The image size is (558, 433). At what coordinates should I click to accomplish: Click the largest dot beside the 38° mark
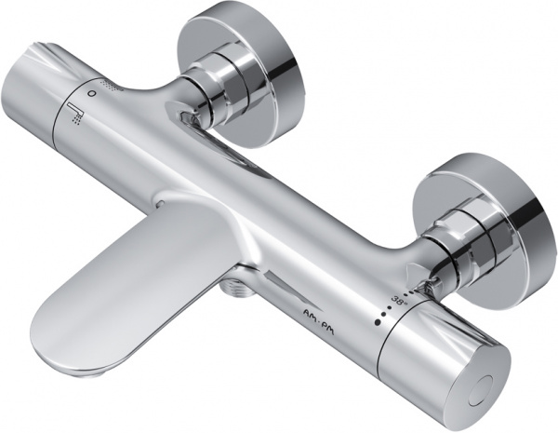[378, 322]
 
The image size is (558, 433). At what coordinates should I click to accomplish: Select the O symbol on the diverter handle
[92, 93]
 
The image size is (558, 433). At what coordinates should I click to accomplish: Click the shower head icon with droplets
[74, 113]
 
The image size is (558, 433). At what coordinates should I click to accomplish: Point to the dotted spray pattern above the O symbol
[114, 86]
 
